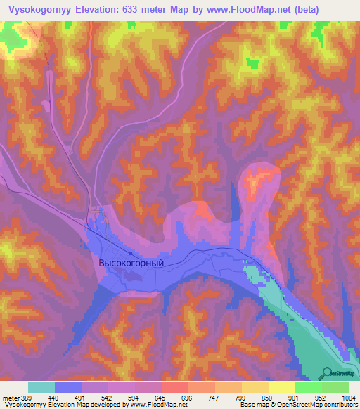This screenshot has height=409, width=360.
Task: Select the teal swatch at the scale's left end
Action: [41, 387]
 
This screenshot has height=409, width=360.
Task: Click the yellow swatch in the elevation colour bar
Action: [281, 387]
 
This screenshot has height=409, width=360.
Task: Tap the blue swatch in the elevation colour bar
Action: [68, 387]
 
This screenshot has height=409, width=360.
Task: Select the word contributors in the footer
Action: [340, 405]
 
